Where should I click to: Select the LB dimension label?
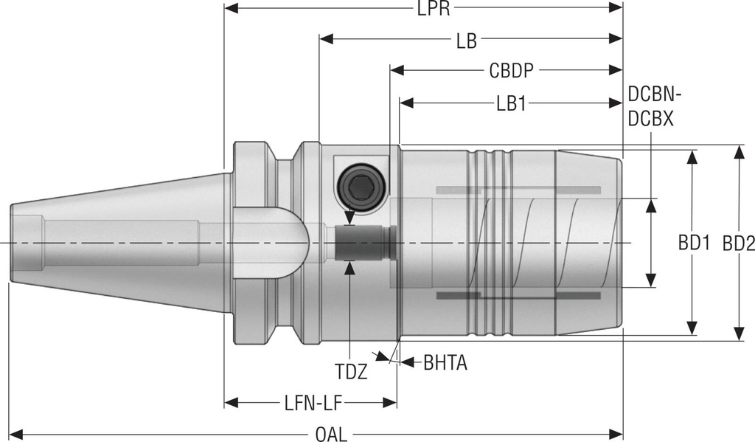[465, 40]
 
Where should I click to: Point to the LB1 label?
[510, 103]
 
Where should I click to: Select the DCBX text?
[651, 118]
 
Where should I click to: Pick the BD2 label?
[738, 243]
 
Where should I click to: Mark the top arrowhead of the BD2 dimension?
[738, 151]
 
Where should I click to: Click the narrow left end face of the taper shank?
[13, 243]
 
